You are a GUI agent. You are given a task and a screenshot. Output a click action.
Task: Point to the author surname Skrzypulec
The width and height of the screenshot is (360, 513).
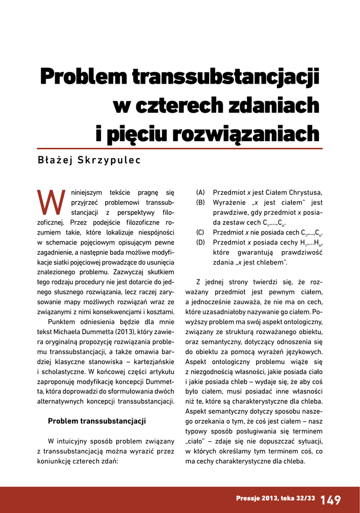click(108, 160)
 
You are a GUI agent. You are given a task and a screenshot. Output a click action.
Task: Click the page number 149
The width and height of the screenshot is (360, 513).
click(330, 499)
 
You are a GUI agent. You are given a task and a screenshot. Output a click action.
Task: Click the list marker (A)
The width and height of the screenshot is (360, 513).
click(200, 193)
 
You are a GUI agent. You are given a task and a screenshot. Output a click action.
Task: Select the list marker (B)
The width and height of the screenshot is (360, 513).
click(200, 203)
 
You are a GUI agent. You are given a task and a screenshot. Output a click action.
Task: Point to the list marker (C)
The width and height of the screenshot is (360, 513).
click(200, 232)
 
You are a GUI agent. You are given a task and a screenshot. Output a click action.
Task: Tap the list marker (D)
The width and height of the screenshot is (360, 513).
click(200, 242)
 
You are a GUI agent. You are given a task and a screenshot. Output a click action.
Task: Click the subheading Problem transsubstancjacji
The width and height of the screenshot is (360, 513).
click(97, 421)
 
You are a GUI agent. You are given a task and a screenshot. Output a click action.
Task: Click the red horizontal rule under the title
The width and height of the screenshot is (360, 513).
click(180, 149)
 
